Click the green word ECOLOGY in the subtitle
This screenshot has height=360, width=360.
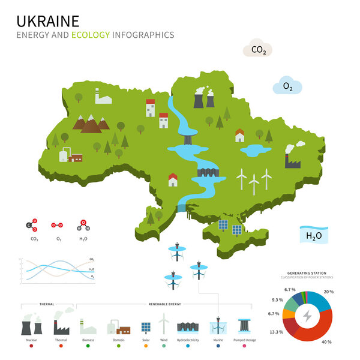(x=91, y=35)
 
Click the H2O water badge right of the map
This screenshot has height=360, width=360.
(x=314, y=235)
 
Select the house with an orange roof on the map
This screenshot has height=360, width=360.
(x=240, y=136)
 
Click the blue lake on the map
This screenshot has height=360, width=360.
(x=255, y=149)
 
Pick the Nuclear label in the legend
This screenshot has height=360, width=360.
(x=31, y=340)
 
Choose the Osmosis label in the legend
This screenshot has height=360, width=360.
(x=119, y=340)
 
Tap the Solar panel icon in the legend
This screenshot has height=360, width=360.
(x=146, y=328)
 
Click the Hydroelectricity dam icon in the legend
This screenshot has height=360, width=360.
(x=187, y=327)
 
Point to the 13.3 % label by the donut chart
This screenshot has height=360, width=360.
(x=277, y=332)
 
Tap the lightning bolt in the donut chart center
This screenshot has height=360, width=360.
(x=307, y=316)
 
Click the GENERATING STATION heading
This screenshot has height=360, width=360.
(x=307, y=272)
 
